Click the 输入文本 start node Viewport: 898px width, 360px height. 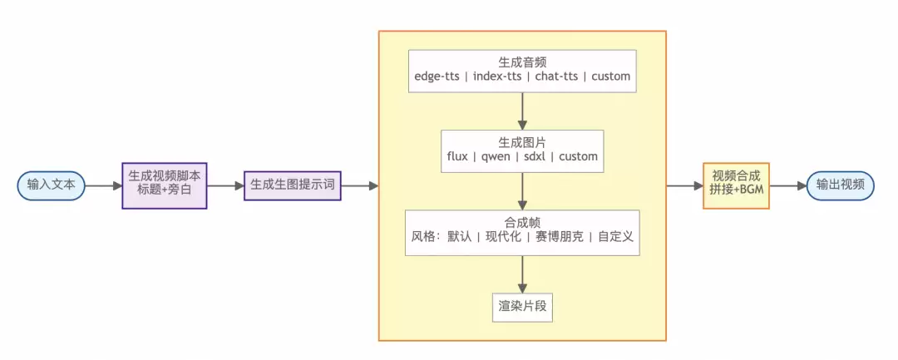click(x=51, y=185)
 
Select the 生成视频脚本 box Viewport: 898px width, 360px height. click(x=164, y=185)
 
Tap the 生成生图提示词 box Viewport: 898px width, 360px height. click(x=293, y=185)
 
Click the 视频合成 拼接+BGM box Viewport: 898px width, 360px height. click(x=736, y=185)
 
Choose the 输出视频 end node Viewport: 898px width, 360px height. click(x=841, y=185)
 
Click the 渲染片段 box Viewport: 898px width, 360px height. click(x=521, y=306)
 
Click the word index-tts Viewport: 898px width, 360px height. click(x=498, y=77)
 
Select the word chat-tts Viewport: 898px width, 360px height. click(x=556, y=77)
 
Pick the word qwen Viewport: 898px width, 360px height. click(x=497, y=156)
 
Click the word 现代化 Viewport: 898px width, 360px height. click(x=503, y=236)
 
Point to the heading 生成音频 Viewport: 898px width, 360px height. click(x=521, y=62)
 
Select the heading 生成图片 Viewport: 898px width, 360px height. click(x=521, y=141)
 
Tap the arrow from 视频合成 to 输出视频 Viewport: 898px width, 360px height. click(x=787, y=185)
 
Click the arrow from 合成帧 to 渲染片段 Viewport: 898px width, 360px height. click(x=521, y=273)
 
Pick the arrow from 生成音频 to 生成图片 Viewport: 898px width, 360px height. click(x=521, y=111)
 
